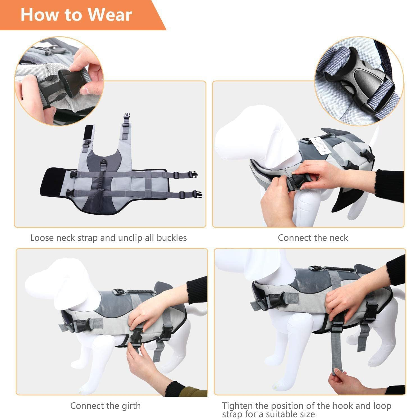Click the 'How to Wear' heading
76,15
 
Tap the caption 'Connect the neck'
313,238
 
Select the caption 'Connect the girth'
105,406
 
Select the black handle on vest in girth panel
138,291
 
